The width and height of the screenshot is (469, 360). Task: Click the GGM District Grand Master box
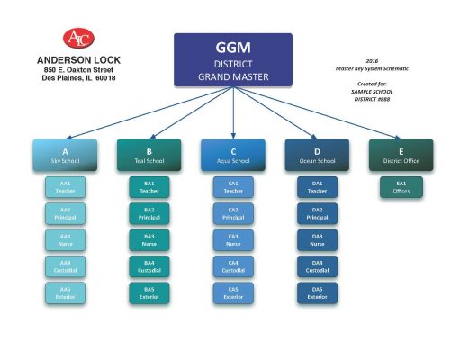pos(233,60)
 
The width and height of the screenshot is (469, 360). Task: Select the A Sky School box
pos(65,154)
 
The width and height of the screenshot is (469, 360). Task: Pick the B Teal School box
pos(149,154)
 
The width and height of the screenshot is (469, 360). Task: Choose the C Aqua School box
pos(233,154)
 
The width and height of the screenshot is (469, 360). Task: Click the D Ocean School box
pos(317,154)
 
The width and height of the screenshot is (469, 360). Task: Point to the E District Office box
pos(401,154)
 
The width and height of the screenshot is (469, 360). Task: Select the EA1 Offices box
pos(401,187)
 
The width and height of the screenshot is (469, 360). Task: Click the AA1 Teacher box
pos(65,187)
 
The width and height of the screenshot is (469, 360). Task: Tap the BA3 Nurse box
pos(149,239)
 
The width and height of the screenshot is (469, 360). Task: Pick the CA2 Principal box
pos(233,213)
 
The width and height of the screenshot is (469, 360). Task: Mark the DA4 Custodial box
pos(317,266)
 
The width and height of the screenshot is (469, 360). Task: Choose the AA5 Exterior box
pos(65,292)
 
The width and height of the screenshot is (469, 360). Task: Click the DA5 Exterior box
pos(317,292)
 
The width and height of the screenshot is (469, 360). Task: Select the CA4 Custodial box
pos(233,266)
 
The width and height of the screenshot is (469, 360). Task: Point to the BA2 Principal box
pos(149,213)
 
